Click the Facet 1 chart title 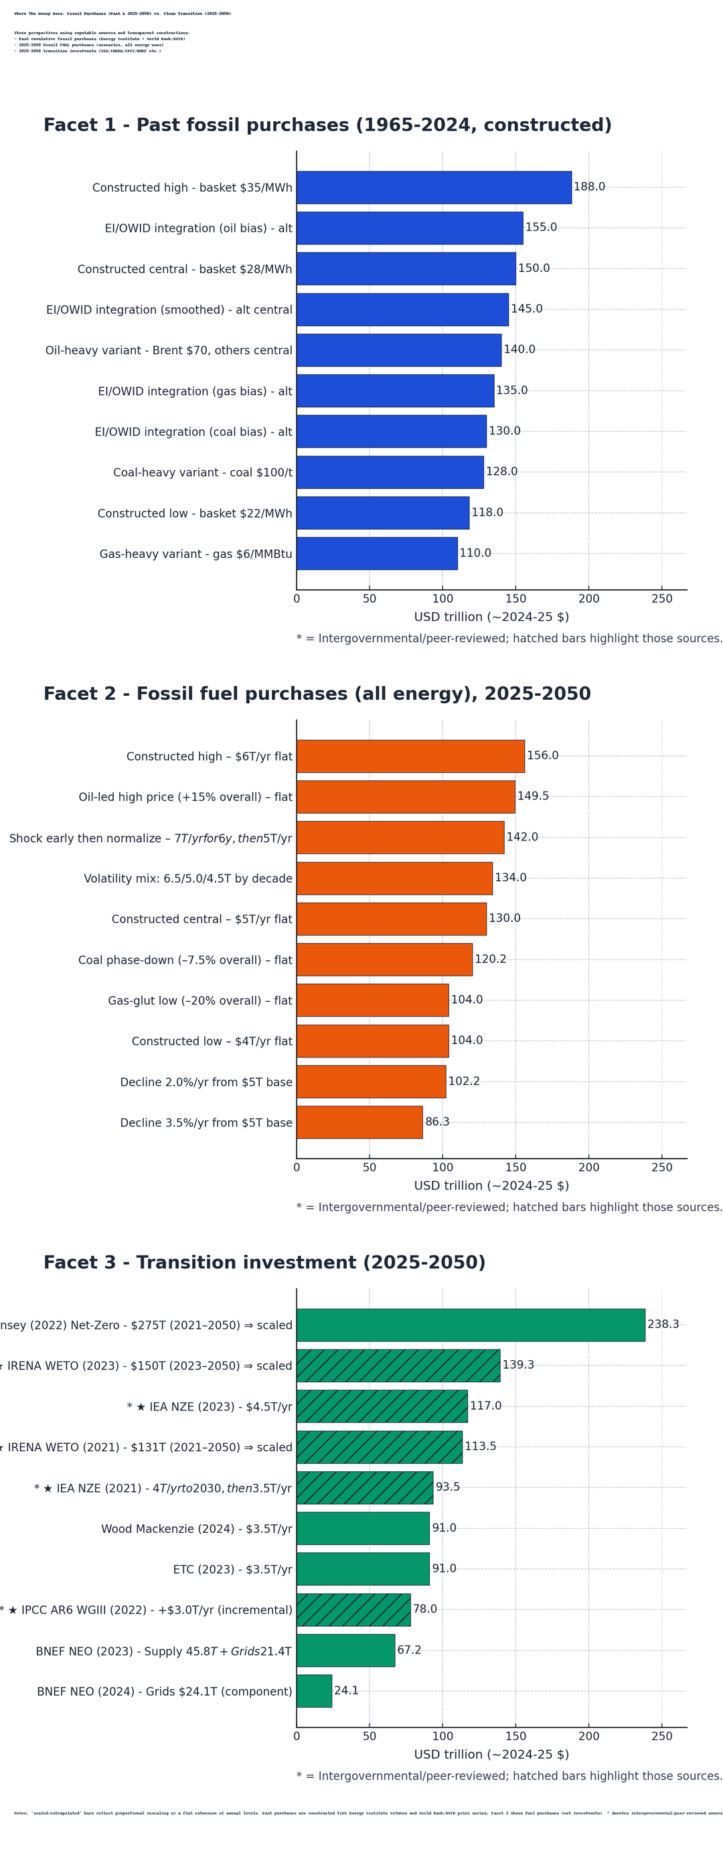pyautogui.click(x=327, y=125)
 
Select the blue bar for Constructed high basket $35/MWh pyautogui.click(x=434, y=188)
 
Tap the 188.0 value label pyautogui.click(x=589, y=188)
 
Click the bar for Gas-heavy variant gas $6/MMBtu pyautogui.click(x=377, y=553)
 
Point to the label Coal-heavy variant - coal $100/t pyautogui.click(x=202, y=472)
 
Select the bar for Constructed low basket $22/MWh pyautogui.click(x=382, y=513)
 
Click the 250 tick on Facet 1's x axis pyautogui.click(x=661, y=599)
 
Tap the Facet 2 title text pyautogui.click(x=317, y=694)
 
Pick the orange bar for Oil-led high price pyautogui.click(x=406, y=796)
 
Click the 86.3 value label pyautogui.click(x=437, y=1121)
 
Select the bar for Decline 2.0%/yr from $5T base pyautogui.click(x=371, y=1081)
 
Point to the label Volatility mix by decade pyautogui.click(x=188, y=879)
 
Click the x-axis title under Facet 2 pyautogui.click(x=491, y=1185)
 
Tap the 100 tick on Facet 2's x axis pyautogui.click(x=442, y=1167)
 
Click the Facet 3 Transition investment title pyautogui.click(x=264, y=1262)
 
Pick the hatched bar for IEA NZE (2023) pyautogui.click(x=382, y=1406)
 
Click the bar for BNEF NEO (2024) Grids pyautogui.click(x=314, y=1690)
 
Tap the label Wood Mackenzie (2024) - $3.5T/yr pyautogui.click(x=197, y=1528)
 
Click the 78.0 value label pyautogui.click(x=425, y=1609)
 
